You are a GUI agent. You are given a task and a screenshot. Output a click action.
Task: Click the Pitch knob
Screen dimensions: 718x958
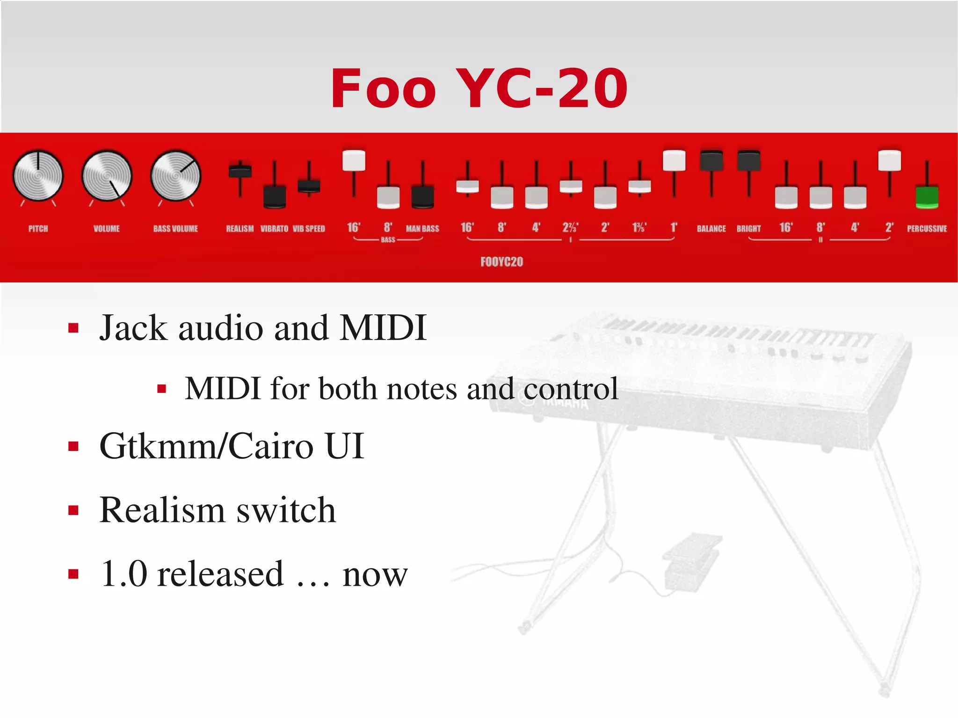[38, 176]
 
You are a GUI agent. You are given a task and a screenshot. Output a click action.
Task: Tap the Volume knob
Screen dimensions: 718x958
[107, 176]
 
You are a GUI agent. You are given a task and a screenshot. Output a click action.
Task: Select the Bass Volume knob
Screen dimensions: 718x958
[175, 176]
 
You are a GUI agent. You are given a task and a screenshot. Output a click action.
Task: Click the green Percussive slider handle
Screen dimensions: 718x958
[927, 197]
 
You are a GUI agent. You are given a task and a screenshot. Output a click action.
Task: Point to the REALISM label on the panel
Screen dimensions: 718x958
[239, 229]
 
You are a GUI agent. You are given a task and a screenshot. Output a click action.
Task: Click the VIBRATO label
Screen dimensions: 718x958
[274, 229]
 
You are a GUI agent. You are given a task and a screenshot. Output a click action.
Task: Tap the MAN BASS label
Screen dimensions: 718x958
[422, 229]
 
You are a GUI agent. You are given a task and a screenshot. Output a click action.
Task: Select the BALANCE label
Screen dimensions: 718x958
[711, 229]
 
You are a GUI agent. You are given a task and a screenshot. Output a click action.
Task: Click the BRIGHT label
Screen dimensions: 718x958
[748, 229]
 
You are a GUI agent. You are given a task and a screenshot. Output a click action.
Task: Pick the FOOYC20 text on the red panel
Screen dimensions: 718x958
[501, 261]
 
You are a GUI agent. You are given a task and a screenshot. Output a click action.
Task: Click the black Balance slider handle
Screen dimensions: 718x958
[711, 160]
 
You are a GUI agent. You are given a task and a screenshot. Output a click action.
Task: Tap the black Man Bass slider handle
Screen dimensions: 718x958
[422, 197]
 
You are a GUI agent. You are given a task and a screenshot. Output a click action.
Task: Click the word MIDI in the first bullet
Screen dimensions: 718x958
[383, 328]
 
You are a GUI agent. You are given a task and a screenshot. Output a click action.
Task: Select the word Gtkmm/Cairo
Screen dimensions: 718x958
[206, 446]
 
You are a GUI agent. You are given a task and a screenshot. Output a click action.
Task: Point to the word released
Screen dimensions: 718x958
[220, 574]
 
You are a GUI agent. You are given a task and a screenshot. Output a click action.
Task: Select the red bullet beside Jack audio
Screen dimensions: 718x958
[73, 328]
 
